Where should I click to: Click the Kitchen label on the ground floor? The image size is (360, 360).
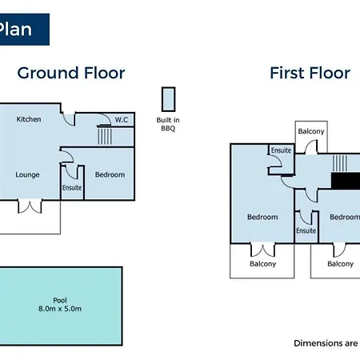tap(29, 119)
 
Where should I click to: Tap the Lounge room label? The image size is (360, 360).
tap(27, 174)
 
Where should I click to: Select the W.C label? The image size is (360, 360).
tap(122, 120)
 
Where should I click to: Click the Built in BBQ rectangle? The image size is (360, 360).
tap(168, 99)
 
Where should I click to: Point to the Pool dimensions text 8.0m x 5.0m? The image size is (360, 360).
tap(60, 309)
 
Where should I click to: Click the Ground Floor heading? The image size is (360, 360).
tap(71, 73)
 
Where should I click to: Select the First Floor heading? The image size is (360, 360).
tap(310, 73)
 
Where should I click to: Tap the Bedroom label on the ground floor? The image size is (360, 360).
tap(110, 174)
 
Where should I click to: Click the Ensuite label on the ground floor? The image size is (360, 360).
tap(72, 188)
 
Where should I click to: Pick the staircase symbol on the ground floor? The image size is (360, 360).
tap(105, 136)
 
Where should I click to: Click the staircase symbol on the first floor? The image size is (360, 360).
tap(339, 163)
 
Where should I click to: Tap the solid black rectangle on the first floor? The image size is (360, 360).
tap(346, 181)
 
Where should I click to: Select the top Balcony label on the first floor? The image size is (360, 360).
tap(311, 131)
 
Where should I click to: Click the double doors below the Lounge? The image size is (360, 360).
tap(30, 206)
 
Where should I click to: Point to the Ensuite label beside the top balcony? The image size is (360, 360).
tap(281, 150)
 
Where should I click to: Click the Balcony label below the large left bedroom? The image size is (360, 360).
tap(263, 264)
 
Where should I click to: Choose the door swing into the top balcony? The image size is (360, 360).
tap(311, 147)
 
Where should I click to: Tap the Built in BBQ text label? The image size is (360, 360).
tap(168, 124)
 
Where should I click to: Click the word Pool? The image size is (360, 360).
tap(60, 300)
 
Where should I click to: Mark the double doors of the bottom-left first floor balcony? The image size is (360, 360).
tap(262, 250)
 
